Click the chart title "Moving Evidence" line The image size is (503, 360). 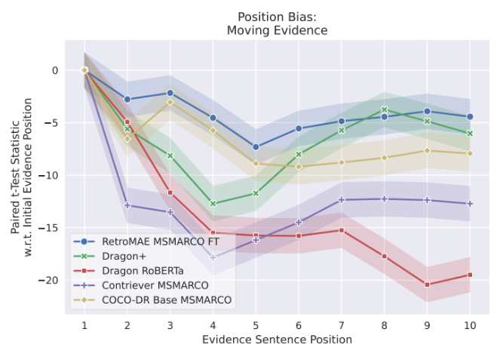point(277,30)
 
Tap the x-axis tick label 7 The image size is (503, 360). point(341,325)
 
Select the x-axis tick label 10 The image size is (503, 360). point(470,325)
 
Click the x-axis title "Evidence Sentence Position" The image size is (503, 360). point(277,340)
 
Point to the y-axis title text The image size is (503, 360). point(22,176)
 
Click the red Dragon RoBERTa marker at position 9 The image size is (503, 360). point(427,285)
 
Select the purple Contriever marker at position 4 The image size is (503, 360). point(213,257)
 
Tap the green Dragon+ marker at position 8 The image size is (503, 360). point(384,109)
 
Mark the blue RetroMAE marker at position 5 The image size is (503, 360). point(256,147)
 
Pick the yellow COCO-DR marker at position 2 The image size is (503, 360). point(127,139)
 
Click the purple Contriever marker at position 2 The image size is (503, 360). point(127,205)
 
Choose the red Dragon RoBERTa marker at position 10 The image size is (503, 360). point(470,275)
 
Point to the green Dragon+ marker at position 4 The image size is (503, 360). point(213,204)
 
